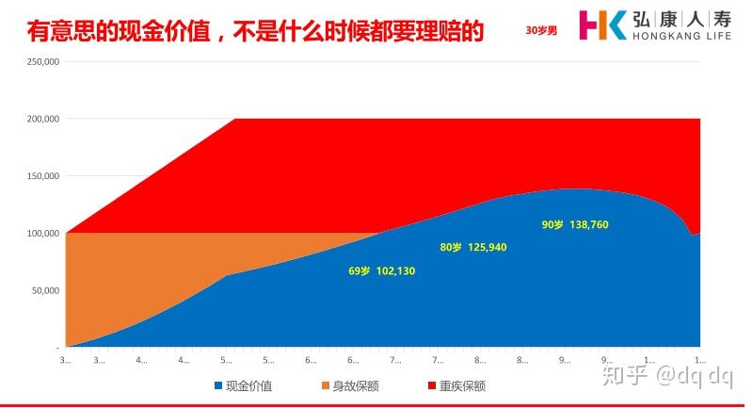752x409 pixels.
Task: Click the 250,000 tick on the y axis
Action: [42, 62]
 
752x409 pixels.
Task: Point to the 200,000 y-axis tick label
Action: [42, 119]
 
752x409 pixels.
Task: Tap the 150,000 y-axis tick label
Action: [42, 176]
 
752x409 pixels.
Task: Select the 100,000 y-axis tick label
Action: [42, 233]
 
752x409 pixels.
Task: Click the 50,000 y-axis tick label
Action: [45, 290]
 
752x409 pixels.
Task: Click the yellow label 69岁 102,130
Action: [381, 271]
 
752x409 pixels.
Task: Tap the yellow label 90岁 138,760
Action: [575, 224]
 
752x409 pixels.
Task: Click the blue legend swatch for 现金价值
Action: [218, 385]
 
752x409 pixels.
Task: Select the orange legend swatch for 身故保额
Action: [326, 385]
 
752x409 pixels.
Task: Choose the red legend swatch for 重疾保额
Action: [432, 385]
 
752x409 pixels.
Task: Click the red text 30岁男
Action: [541, 29]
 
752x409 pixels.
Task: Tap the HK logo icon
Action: [602, 25]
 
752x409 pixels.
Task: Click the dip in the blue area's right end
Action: [694, 236]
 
